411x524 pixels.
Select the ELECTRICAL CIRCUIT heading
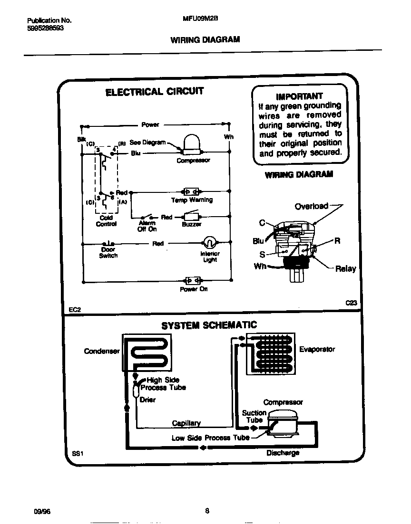coord(154,92)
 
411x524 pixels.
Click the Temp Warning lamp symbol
coord(192,191)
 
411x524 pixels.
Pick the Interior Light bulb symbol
coord(209,243)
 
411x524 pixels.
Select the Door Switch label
coord(108,253)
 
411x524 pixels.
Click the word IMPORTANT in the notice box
coord(299,96)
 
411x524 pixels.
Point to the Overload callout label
coord(312,206)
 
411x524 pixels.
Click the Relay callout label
coord(345,269)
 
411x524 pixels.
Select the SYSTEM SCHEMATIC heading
coord(209,325)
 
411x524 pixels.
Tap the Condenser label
coord(101,352)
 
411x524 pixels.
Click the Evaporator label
coord(317,349)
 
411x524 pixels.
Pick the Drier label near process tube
coord(147,400)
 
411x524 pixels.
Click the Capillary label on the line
coord(186,423)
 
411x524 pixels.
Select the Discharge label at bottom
coord(283,453)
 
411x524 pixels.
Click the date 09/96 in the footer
coord(42,511)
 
